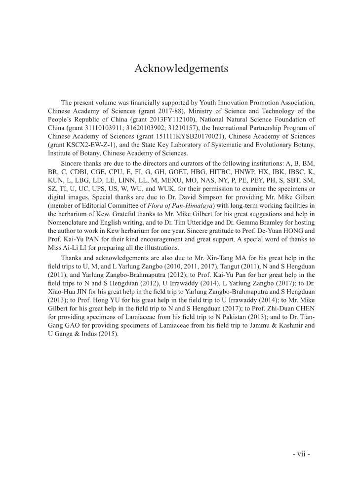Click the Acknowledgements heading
(x=181, y=69)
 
